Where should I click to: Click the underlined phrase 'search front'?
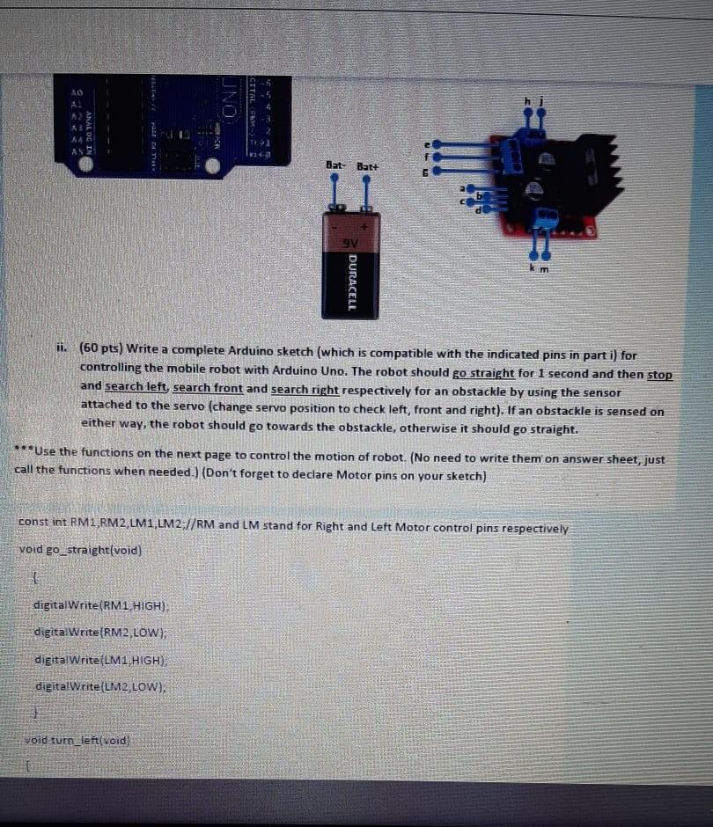208,389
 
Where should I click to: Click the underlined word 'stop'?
659,374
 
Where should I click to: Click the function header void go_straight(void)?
80,551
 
